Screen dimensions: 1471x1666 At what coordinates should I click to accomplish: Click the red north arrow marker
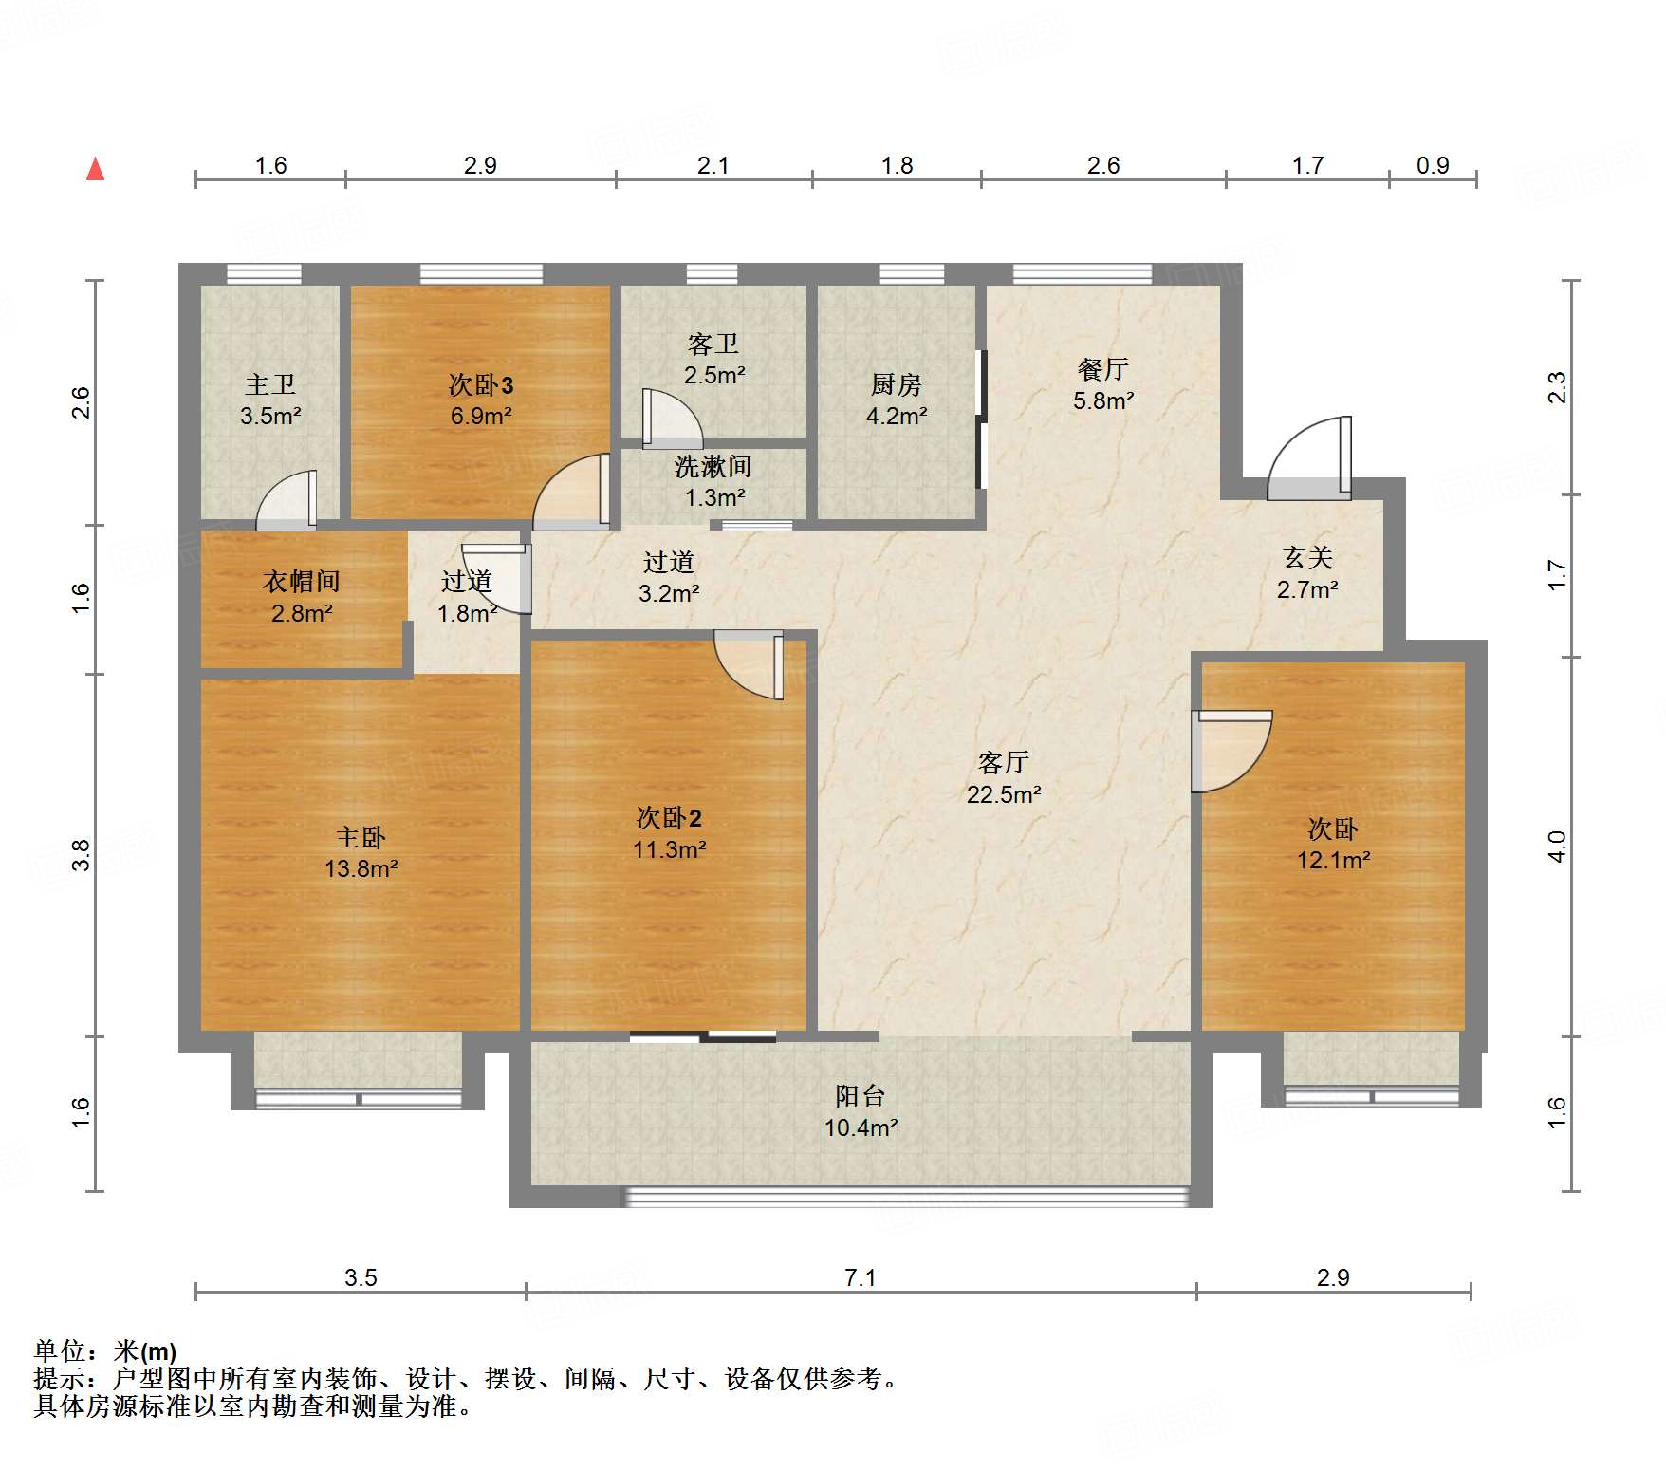(x=95, y=170)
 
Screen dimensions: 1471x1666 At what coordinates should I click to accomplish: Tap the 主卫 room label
(x=270, y=384)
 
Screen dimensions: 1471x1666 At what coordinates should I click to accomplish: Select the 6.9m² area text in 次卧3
(x=481, y=416)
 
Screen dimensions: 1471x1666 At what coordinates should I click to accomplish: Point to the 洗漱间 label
(x=713, y=467)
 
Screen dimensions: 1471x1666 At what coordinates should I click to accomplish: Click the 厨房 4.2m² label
(x=896, y=400)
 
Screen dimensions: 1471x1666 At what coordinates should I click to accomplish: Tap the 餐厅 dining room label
(x=1102, y=369)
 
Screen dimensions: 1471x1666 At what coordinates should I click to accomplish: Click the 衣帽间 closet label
(x=301, y=581)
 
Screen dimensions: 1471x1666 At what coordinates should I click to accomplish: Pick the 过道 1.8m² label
(x=467, y=597)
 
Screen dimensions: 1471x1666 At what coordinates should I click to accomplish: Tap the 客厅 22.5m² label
(x=1003, y=778)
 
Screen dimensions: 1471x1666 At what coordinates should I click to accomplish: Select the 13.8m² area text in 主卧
(x=361, y=868)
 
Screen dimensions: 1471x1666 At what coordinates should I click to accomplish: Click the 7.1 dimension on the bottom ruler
(x=860, y=1277)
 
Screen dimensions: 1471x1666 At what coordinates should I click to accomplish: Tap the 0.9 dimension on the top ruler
(x=1432, y=165)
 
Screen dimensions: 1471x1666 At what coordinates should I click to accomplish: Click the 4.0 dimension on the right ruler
(x=1556, y=846)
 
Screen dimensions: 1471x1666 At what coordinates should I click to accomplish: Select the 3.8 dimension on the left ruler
(x=82, y=855)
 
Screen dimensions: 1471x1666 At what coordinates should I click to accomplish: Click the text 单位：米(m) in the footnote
(x=104, y=1350)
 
